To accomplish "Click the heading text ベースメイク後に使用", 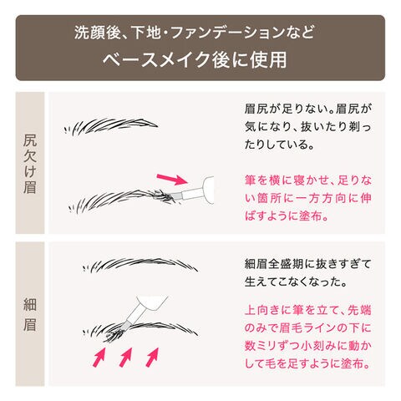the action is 195,59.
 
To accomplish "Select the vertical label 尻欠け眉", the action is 30,164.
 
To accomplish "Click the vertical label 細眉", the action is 30,314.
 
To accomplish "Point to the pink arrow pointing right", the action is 172,179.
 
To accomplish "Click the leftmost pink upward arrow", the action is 99,357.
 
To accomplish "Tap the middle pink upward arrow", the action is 125,357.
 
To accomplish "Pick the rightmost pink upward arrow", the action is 152,357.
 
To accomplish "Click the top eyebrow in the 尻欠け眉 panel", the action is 111,126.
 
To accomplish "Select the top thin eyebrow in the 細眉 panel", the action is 140,266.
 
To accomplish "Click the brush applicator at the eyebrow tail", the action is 192,190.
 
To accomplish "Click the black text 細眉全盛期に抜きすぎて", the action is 307,264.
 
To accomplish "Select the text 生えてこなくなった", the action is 296,282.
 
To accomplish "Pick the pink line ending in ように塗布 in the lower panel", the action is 307,363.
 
